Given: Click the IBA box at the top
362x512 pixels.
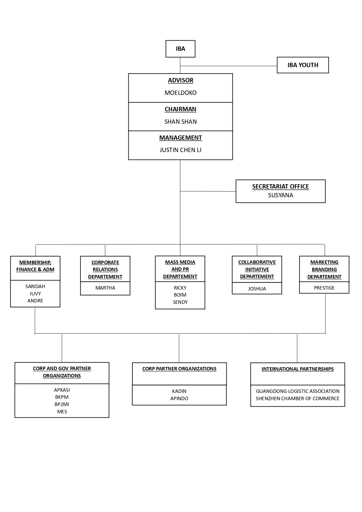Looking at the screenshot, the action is coord(180,49).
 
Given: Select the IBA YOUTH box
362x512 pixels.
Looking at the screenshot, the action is coord(303,65).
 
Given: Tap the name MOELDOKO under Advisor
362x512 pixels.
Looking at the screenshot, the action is coord(181,93).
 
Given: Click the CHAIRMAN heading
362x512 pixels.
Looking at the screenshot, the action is coord(181,109).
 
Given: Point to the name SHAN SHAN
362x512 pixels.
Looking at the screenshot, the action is coord(181,122).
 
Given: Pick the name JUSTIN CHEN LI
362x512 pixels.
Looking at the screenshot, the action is coord(181,150).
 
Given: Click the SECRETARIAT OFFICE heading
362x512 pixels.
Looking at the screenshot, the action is coord(281,187).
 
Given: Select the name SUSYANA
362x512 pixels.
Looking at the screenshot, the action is coord(281,195).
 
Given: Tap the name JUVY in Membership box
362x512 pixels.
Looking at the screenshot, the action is coord(35,294).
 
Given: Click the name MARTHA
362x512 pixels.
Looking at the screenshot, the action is coord(105,288).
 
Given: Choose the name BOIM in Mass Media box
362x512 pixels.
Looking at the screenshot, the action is coord(180,295).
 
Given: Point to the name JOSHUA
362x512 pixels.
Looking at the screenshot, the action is coord(257,289).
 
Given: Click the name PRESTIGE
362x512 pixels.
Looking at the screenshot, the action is coord(324,288).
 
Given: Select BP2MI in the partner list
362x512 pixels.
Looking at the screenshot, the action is coord(62,404).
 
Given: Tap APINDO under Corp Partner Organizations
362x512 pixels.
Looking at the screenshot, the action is coord(179,398).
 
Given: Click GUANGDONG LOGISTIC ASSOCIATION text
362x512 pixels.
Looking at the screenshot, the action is coord(298,391).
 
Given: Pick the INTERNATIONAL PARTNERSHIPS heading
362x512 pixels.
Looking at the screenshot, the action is coord(298,369).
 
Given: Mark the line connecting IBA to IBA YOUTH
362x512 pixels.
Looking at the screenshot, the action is coord(228,66).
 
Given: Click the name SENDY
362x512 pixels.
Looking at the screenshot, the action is coord(180,302).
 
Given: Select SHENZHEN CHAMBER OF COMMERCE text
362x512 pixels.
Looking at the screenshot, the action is coord(298,398).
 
